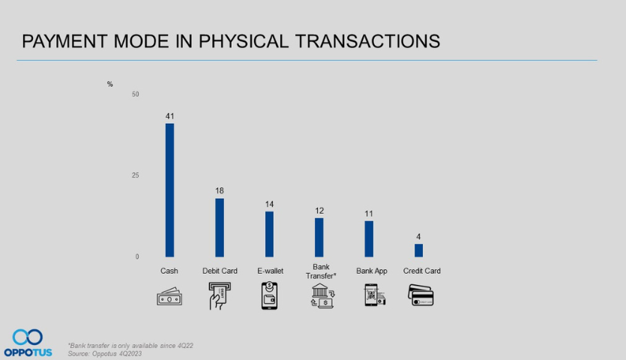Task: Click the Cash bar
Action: pos(169,190)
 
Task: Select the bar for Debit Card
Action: pos(220,228)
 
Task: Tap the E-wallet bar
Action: pos(269,235)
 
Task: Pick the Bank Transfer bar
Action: pos(319,238)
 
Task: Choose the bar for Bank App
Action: pos(369,239)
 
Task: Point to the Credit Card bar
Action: pos(418,250)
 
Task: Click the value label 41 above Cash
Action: pos(169,116)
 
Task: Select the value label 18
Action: pos(220,190)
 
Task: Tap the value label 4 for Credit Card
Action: pos(418,236)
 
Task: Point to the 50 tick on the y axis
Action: pos(136,94)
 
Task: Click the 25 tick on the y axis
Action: pos(136,175)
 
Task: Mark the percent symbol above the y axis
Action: pos(109,84)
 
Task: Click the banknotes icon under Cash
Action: pos(169,298)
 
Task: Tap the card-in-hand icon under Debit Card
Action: pos(217,296)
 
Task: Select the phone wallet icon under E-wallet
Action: pos(269,296)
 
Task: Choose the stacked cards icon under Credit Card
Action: pos(421,296)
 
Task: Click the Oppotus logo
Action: pos(28,342)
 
